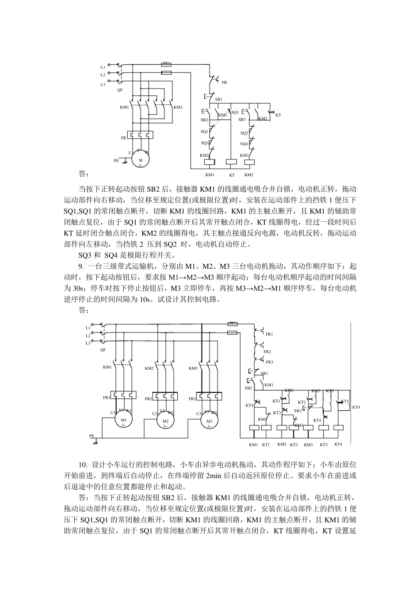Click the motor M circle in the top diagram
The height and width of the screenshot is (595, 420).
coord(141,161)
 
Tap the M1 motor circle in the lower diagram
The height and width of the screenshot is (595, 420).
coord(124,421)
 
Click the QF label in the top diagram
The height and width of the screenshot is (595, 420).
coord(120,90)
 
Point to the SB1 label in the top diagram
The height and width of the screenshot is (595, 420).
coord(218,100)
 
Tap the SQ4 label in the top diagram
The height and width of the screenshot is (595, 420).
coord(244,144)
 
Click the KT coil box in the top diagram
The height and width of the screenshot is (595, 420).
coord(232,162)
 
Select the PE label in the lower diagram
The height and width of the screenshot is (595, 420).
coord(92,436)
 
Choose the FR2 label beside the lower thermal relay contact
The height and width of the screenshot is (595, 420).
coord(267,352)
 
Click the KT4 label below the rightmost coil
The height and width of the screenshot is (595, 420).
coord(338,444)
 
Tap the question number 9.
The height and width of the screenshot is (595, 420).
coord(81,266)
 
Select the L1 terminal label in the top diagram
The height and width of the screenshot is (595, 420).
coord(103,67)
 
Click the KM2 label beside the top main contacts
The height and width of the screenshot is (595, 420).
coord(178,107)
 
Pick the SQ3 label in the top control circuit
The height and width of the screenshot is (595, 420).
coord(205,143)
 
